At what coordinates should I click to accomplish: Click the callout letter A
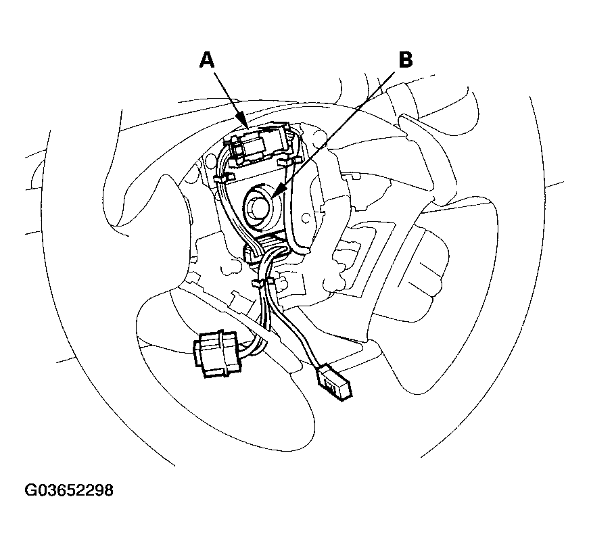pyautogui.click(x=207, y=60)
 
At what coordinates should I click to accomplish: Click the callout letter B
pyautogui.click(x=405, y=60)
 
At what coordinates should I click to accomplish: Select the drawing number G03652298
pyautogui.click(x=69, y=490)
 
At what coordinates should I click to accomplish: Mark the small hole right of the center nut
pyautogui.click(x=306, y=218)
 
